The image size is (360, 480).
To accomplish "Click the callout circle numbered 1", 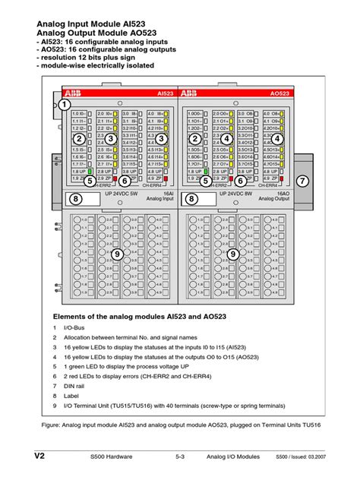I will pyautogui.click(x=65, y=103).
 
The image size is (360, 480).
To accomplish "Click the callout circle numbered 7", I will pyautogui.click(x=303, y=181).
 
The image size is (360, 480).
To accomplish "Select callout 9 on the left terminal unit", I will pyautogui.click(x=117, y=254).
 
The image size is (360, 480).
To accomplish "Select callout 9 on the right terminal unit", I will pyautogui.click(x=232, y=254).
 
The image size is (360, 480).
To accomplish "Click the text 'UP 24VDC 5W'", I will pyautogui.click(x=106, y=194).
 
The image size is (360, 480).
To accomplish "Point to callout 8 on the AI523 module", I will pyautogui.click(x=76, y=200).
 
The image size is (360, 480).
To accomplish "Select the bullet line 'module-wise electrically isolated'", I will pyautogui.click(x=98, y=65).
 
